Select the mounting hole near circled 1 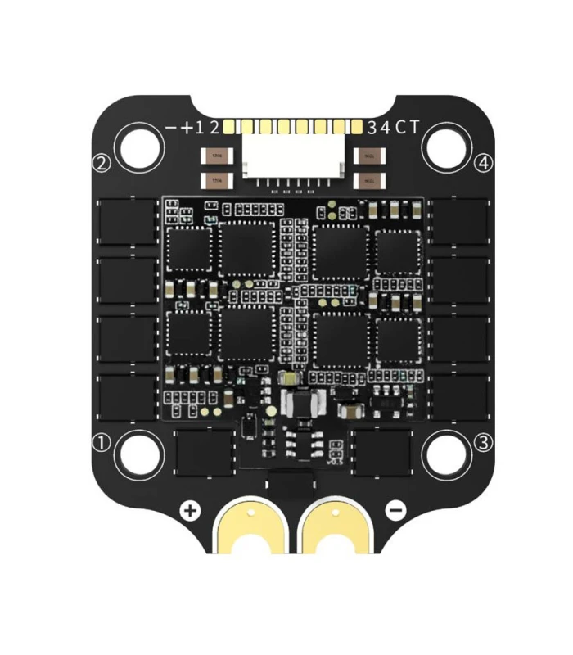pyautogui.click(x=139, y=452)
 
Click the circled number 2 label pyautogui.click(x=102, y=164)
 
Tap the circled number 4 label pyautogui.click(x=485, y=164)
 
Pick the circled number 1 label pyautogui.click(x=102, y=443)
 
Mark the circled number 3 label pyautogui.click(x=484, y=443)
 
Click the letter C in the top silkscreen pyautogui.click(x=400, y=127)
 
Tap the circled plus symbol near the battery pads pyautogui.click(x=191, y=511)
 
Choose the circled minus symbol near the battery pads pyautogui.click(x=395, y=511)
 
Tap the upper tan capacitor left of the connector pyautogui.click(x=216, y=154)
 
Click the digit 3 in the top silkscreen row pyautogui.click(x=373, y=127)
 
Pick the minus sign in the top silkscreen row pyautogui.click(x=171, y=128)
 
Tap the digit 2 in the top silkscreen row pyautogui.click(x=214, y=127)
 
